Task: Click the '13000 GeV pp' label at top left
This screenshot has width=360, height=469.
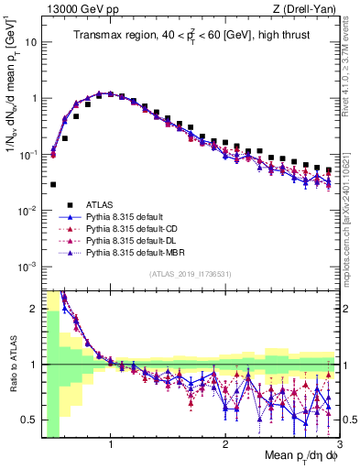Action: point(74,9)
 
